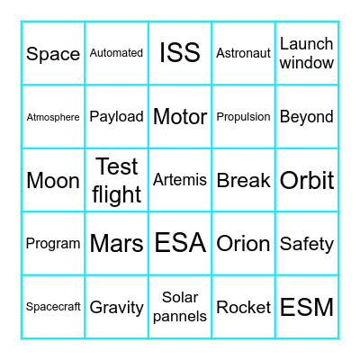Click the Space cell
click(x=53, y=54)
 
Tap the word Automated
click(x=116, y=53)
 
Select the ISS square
click(x=180, y=53)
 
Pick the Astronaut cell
click(x=243, y=53)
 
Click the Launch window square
click(x=307, y=53)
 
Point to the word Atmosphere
click(x=53, y=117)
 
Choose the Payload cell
click(x=116, y=117)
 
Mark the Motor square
click(x=180, y=117)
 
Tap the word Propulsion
click(x=243, y=117)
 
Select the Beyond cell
click(x=307, y=117)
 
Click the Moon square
click(x=53, y=180)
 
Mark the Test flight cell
click(x=116, y=180)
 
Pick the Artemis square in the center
click(x=180, y=180)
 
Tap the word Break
click(x=243, y=180)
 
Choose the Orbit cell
click(x=307, y=180)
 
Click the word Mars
click(x=116, y=243)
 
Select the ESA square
click(x=180, y=243)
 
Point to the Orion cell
click(x=243, y=243)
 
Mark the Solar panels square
click(x=180, y=307)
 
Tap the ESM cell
click(x=307, y=307)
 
